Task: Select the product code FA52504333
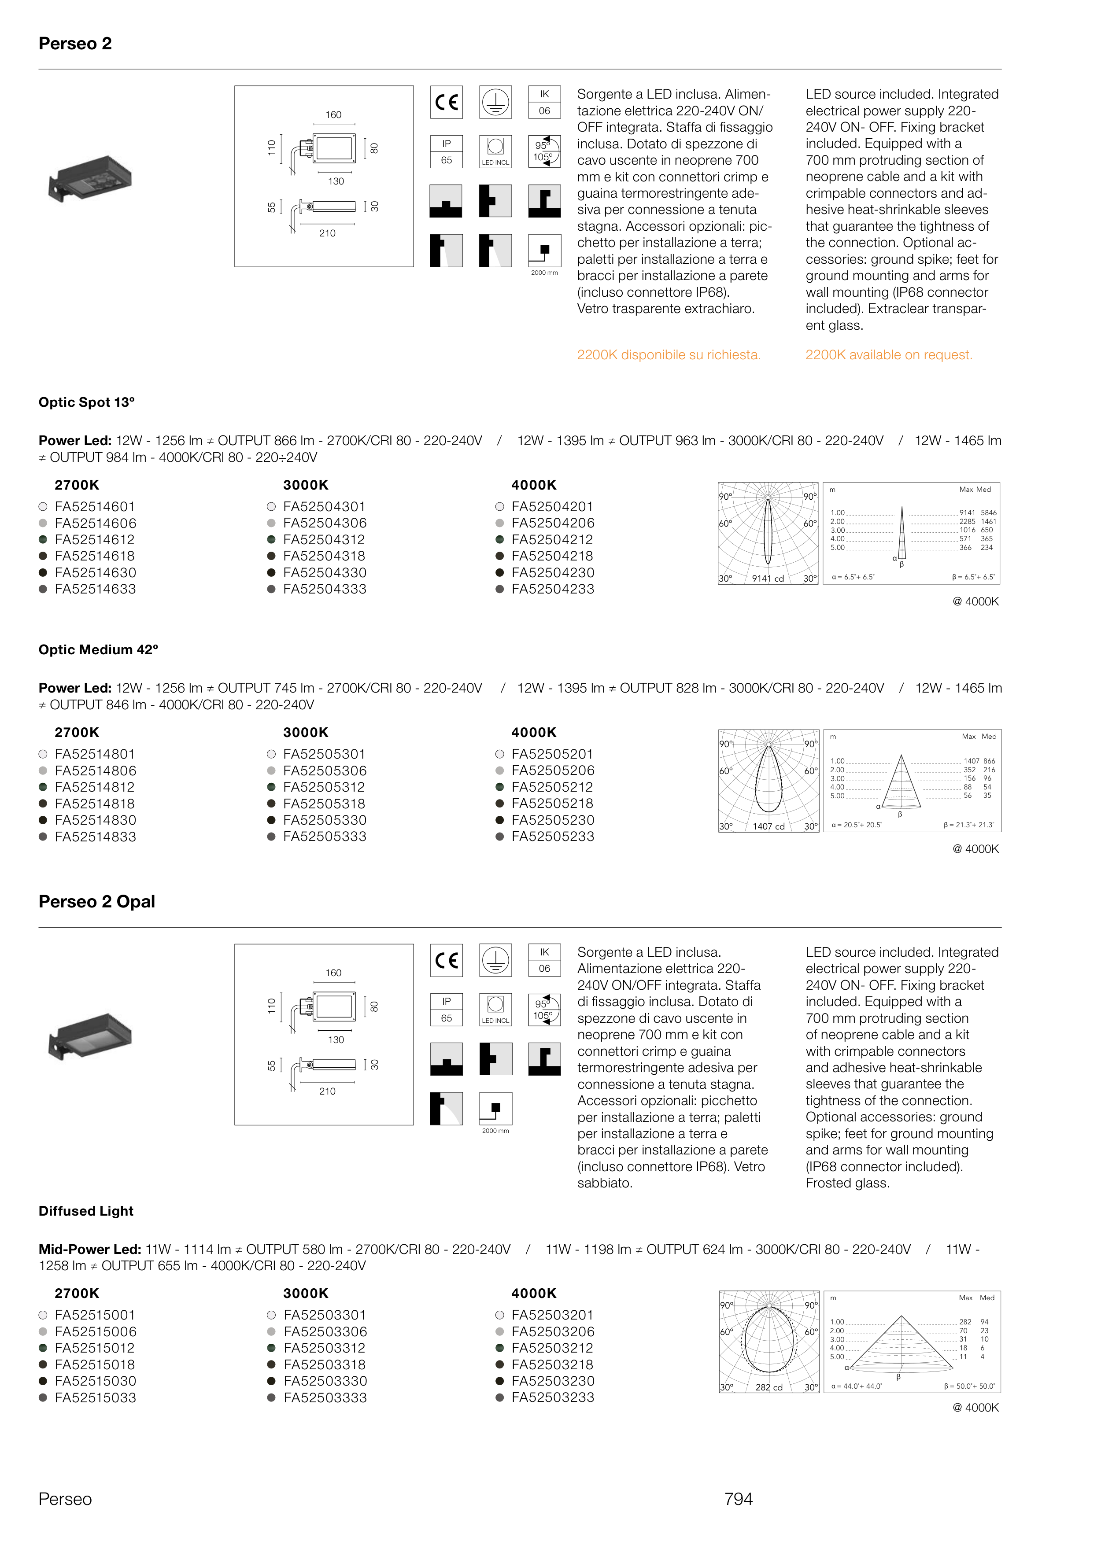pyautogui.click(x=324, y=589)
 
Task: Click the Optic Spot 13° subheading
pyautogui.click(x=87, y=402)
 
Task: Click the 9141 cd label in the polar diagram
pyautogui.click(x=768, y=578)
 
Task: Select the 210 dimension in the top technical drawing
pyautogui.click(x=328, y=233)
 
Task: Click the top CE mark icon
pyautogui.click(x=446, y=102)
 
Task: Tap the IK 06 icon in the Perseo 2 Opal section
pyautogui.click(x=544, y=960)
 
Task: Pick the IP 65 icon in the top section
pyautogui.click(x=446, y=152)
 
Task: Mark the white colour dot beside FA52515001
pyautogui.click(x=43, y=1315)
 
